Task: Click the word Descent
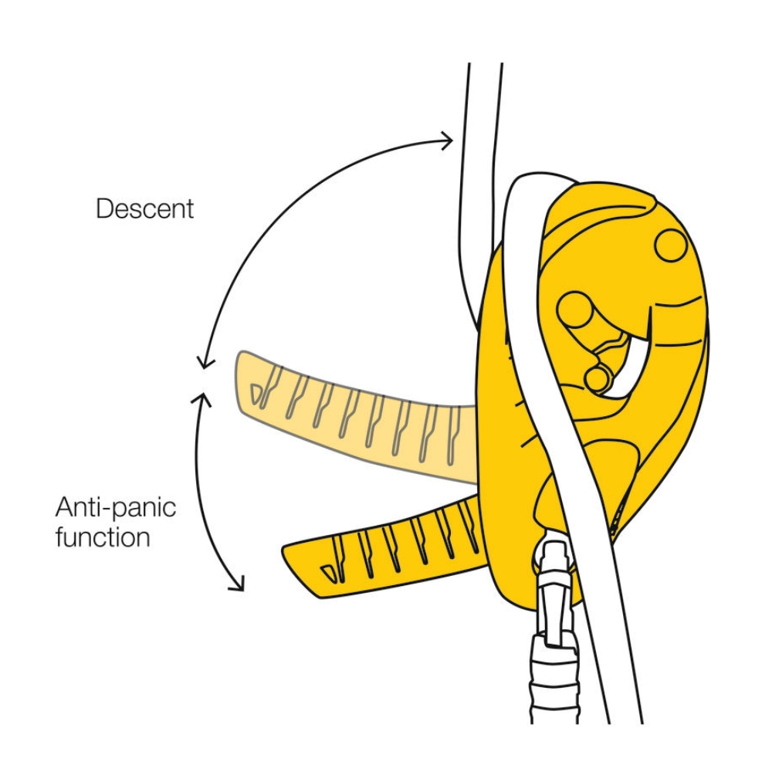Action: click(144, 208)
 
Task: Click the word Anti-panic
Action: click(116, 508)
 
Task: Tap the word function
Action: click(103, 537)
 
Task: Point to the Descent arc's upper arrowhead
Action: click(448, 140)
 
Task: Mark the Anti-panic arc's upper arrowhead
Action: click(205, 395)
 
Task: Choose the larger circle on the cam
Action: click(575, 309)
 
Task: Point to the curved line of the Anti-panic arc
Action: click(199, 494)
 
